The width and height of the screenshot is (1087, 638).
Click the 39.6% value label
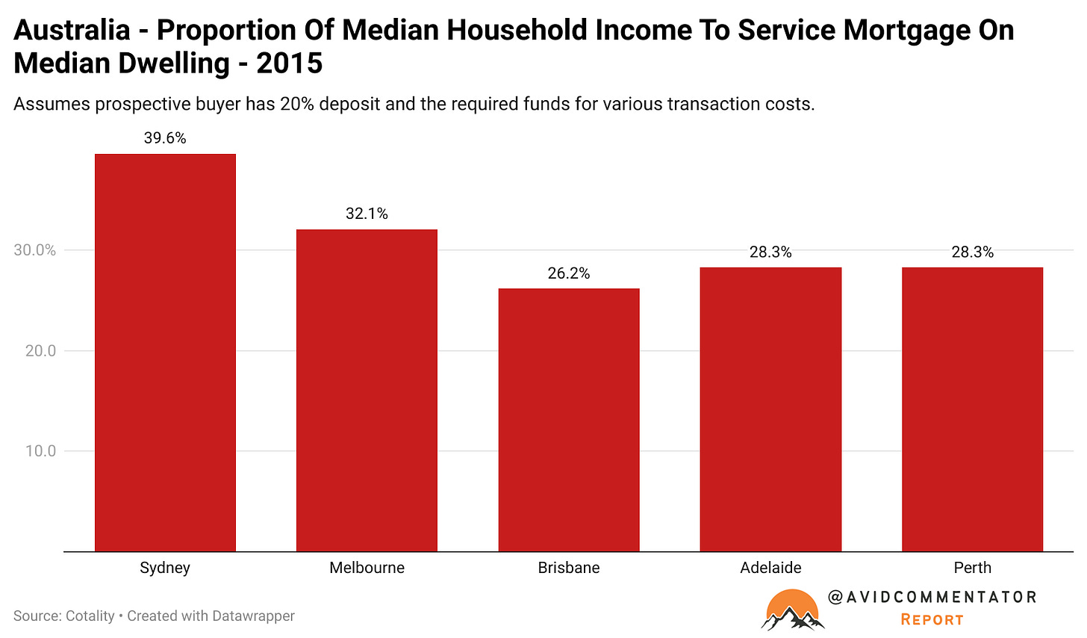click(165, 138)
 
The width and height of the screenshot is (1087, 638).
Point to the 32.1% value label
click(367, 214)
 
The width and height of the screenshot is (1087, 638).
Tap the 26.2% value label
click(569, 273)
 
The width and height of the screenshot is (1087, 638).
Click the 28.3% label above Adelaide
click(770, 253)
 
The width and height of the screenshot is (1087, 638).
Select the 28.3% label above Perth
click(972, 253)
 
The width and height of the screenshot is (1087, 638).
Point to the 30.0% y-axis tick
click(35, 250)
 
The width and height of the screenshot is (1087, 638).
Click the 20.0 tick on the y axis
click(40, 350)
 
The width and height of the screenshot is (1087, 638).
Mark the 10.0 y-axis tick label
click(40, 451)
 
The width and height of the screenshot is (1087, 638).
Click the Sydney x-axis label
click(165, 568)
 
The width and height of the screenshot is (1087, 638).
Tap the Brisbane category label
click(569, 568)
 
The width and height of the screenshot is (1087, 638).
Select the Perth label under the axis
click(972, 568)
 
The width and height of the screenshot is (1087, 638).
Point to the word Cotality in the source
click(90, 616)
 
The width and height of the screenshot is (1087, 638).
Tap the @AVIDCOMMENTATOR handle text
click(932, 597)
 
